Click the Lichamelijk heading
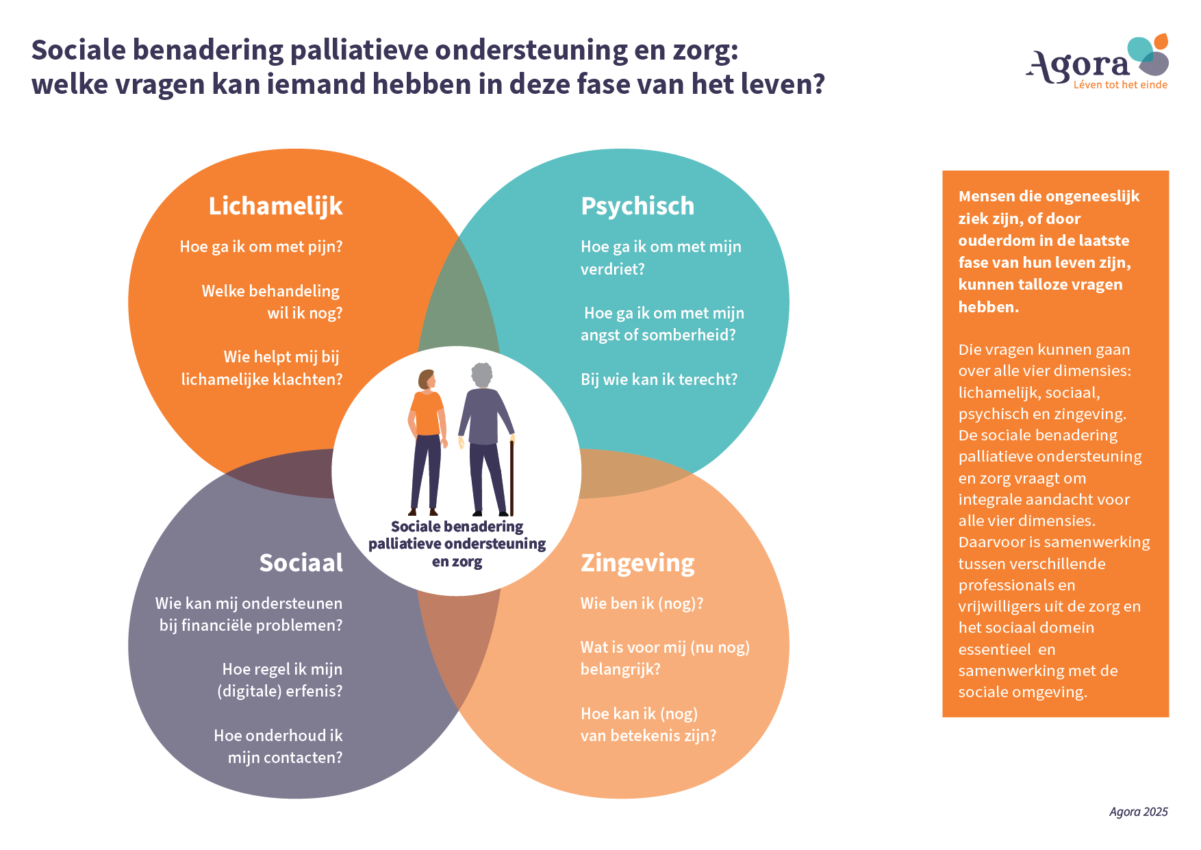click(x=275, y=206)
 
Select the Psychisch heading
click(x=637, y=206)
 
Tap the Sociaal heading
click(x=301, y=563)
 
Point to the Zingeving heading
click(x=637, y=563)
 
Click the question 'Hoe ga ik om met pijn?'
click(x=261, y=247)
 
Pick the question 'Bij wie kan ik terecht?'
click(x=659, y=379)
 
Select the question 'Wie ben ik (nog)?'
click(x=642, y=603)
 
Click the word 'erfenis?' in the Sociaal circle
click(x=314, y=691)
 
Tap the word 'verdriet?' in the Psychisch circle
click(x=612, y=269)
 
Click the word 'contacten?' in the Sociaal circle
click(x=303, y=758)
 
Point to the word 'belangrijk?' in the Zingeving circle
click(x=620, y=669)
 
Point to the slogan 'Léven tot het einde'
click(x=1120, y=85)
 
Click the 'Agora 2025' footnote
click(x=1138, y=812)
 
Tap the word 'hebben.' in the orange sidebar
click(x=988, y=307)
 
